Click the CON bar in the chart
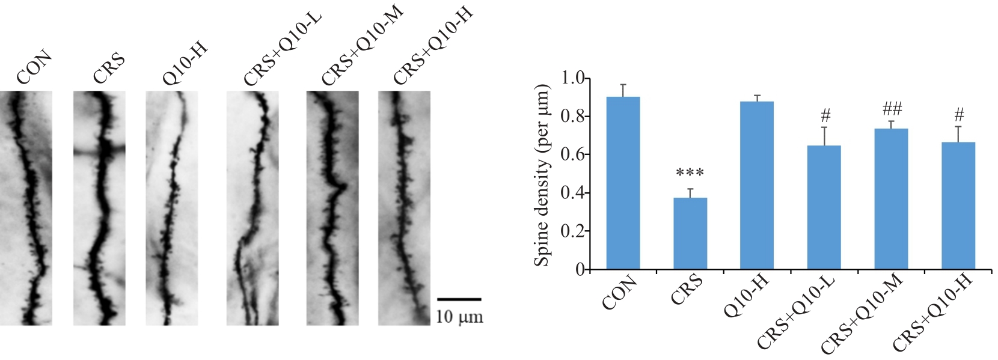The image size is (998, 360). (x=623, y=183)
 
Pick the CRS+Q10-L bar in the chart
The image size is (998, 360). (x=824, y=207)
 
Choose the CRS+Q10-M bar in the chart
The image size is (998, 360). (x=891, y=199)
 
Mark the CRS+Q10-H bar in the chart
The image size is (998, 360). (x=958, y=206)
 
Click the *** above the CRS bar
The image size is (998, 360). (x=690, y=174)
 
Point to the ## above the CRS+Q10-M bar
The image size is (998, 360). (x=892, y=109)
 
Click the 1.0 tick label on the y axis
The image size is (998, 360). (x=573, y=78)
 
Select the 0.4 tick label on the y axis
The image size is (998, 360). (x=573, y=193)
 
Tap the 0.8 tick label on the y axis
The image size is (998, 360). (x=573, y=117)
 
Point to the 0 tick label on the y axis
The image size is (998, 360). (x=580, y=270)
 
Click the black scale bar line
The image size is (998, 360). (x=459, y=299)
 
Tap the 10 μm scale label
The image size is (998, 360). (x=459, y=316)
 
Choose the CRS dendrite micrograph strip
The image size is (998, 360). (x=99, y=208)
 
